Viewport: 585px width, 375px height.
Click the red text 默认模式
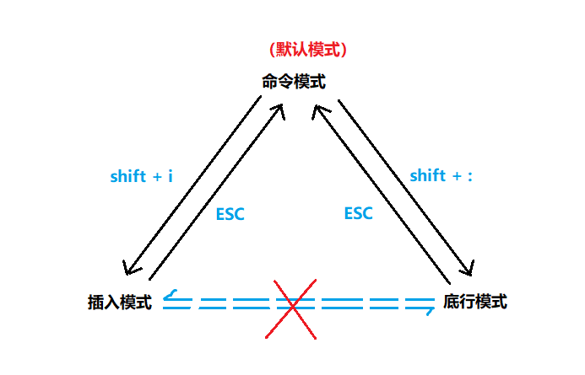point(306,50)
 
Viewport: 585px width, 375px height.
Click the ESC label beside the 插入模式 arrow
point(230,214)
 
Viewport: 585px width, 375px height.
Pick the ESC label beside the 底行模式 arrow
point(358,213)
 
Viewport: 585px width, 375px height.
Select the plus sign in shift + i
point(154,177)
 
